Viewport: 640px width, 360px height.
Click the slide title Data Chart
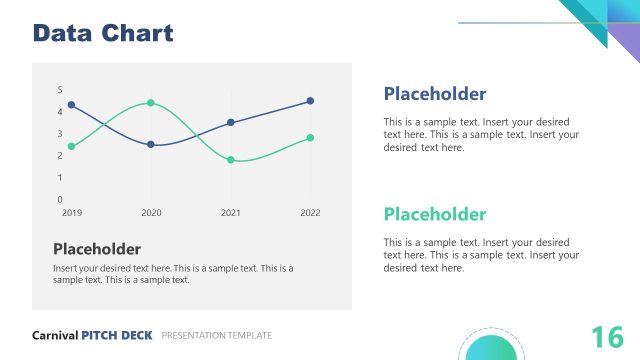[103, 33]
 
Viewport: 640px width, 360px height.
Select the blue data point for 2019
[71, 105]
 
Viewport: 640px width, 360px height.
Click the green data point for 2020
[151, 103]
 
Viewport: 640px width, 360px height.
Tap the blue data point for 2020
[151, 144]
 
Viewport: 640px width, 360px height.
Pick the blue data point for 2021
[231, 122]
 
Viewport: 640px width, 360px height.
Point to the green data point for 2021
[231, 160]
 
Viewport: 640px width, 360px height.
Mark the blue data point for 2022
[310, 101]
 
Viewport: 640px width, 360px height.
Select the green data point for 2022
[310, 138]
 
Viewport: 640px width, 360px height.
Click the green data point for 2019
[71, 147]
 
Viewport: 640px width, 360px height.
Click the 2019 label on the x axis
[72, 213]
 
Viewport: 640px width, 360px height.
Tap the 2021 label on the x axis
[231, 213]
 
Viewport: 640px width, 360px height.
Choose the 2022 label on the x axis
[310, 213]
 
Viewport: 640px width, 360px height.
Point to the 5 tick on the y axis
[59, 90]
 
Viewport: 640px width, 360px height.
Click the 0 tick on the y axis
[59, 199]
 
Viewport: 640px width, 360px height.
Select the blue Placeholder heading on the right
[435, 94]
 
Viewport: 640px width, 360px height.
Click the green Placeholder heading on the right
[435, 214]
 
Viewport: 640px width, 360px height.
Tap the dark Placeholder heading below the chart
[96, 249]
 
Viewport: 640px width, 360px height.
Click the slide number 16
[607, 337]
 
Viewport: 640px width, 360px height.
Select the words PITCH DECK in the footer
[117, 335]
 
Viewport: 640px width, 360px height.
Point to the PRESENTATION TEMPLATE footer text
[216, 335]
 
